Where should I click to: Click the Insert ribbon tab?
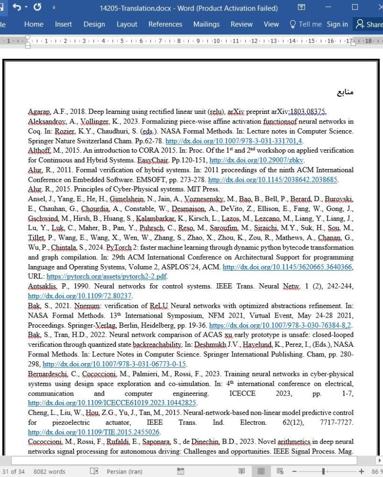click(x=63, y=24)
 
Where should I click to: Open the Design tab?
click(x=94, y=24)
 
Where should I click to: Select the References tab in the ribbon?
click(x=165, y=24)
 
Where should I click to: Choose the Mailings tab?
click(x=206, y=24)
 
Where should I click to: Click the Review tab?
click(x=242, y=24)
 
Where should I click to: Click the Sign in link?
click(x=337, y=24)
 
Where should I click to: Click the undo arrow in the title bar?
click(x=17, y=8)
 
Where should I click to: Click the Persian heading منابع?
click(x=345, y=92)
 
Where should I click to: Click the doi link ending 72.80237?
click(x=80, y=296)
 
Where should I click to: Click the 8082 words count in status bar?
click(x=50, y=471)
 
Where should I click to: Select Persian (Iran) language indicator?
click(x=124, y=471)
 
